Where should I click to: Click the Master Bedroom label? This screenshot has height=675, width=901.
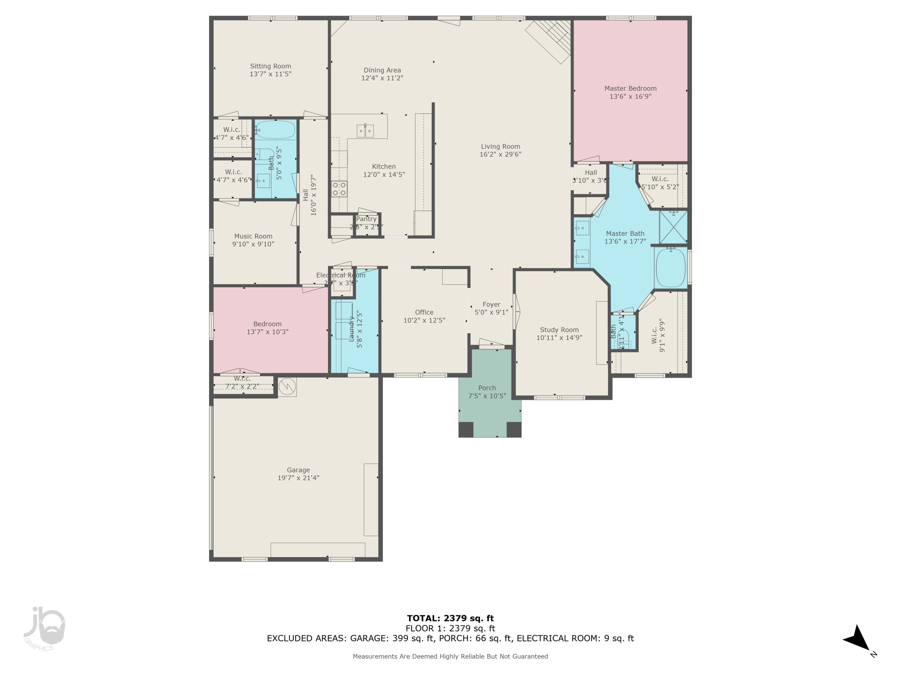tap(630, 88)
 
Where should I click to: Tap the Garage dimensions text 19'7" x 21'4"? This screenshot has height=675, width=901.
tap(298, 478)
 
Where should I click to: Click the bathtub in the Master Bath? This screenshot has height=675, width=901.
tap(670, 267)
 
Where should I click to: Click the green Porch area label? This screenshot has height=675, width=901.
tap(487, 388)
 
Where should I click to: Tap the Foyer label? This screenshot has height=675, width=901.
tap(491, 304)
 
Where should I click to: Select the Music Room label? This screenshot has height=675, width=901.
tap(253, 236)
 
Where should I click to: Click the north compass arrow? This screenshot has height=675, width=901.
tap(858, 639)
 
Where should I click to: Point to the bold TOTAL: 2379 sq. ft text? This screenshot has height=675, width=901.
tap(450, 618)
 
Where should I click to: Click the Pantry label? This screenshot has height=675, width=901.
tap(366, 219)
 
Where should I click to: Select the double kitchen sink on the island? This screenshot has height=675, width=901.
tap(366, 131)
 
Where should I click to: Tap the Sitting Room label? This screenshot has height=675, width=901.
tap(271, 66)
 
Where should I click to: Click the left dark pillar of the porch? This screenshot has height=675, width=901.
tap(466, 429)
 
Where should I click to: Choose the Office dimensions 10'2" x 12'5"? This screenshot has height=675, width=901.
tap(424, 320)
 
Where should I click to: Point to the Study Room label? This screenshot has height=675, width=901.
tap(559, 330)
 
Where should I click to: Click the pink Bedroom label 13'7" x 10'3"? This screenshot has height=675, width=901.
tap(267, 328)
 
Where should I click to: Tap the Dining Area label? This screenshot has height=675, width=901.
tap(382, 70)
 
